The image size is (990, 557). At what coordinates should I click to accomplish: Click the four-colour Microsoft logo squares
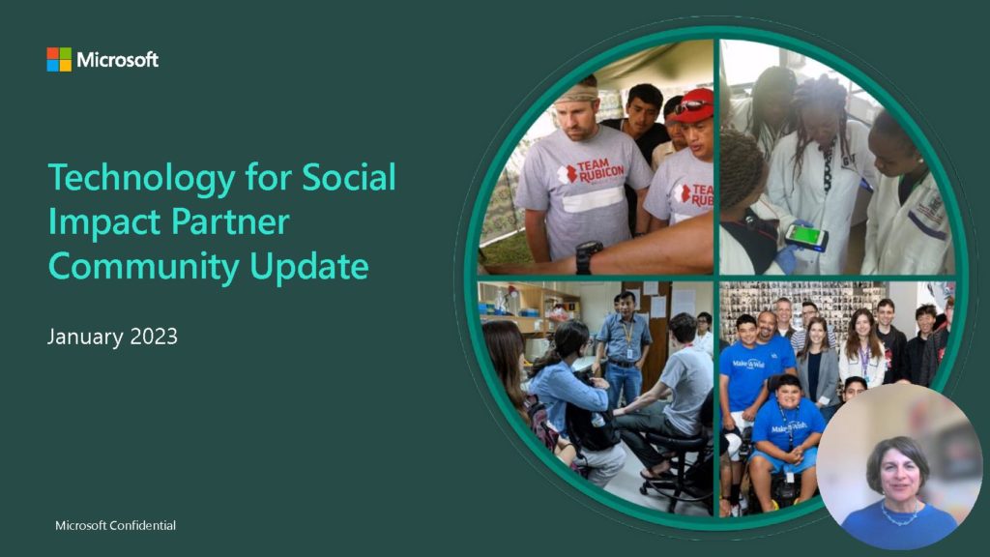[x=59, y=59]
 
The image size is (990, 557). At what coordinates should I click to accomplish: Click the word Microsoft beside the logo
[x=117, y=60]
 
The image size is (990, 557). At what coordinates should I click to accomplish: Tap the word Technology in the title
[x=142, y=178]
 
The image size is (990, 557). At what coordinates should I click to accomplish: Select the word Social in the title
[x=349, y=177]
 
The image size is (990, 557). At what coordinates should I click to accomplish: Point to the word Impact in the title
[x=104, y=222]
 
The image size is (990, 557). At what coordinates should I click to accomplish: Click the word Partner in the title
[x=230, y=222]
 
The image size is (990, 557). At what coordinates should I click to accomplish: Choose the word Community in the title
[x=144, y=267]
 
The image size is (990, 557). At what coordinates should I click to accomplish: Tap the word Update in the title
[x=309, y=267]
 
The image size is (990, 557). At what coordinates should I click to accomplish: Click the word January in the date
[x=85, y=337]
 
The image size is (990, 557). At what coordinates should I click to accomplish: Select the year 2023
[x=154, y=337]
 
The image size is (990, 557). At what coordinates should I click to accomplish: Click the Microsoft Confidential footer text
[x=116, y=525]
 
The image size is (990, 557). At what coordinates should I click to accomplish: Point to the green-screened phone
[x=806, y=237]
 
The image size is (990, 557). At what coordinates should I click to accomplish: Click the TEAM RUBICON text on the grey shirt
[x=592, y=171]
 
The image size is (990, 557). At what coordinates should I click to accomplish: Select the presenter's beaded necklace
[x=899, y=515]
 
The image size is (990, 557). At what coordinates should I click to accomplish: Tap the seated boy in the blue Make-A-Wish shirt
[x=785, y=436]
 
